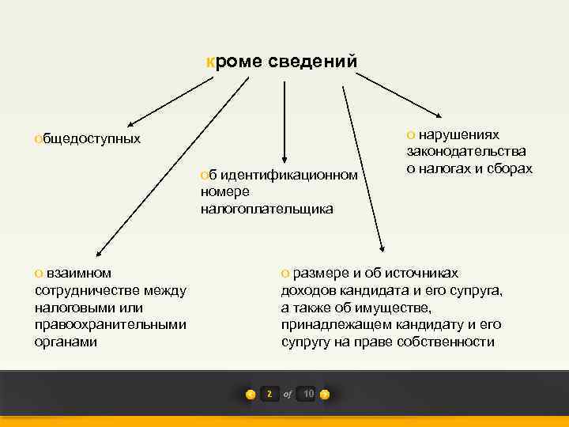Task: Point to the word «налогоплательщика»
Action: (x=266, y=209)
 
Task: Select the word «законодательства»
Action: (x=466, y=152)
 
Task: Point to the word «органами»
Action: (x=66, y=342)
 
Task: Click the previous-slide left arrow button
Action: (x=251, y=394)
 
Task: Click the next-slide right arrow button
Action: (x=325, y=394)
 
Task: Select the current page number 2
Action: (x=269, y=394)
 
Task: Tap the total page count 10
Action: (x=307, y=394)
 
